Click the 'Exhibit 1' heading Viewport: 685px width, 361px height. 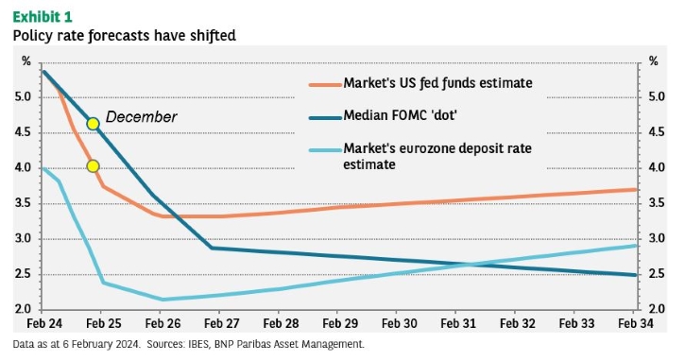pos(43,17)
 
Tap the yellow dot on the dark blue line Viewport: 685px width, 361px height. pos(93,124)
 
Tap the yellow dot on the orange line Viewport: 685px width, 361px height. pos(93,166)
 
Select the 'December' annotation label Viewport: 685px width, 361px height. pos(141,116)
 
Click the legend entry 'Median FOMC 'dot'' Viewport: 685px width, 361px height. pos(400,115)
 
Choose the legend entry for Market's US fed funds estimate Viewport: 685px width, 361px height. pos(437,83)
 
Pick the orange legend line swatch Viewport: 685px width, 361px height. pos(325,84)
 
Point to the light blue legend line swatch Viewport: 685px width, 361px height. pos(325,150)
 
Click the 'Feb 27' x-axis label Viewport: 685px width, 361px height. pos(221,323)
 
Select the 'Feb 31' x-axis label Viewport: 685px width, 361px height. pos(458,323)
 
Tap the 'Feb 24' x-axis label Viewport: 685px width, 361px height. pos(44,323)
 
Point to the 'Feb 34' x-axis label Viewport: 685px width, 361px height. pos(636,323)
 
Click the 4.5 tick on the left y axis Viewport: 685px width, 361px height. pos(23,132)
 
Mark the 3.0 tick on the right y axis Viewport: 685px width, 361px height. pos(656,239)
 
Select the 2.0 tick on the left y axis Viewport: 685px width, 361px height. pos(23,309)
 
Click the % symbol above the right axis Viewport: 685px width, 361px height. pos(653,61)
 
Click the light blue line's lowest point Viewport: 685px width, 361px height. pos(163,300)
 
